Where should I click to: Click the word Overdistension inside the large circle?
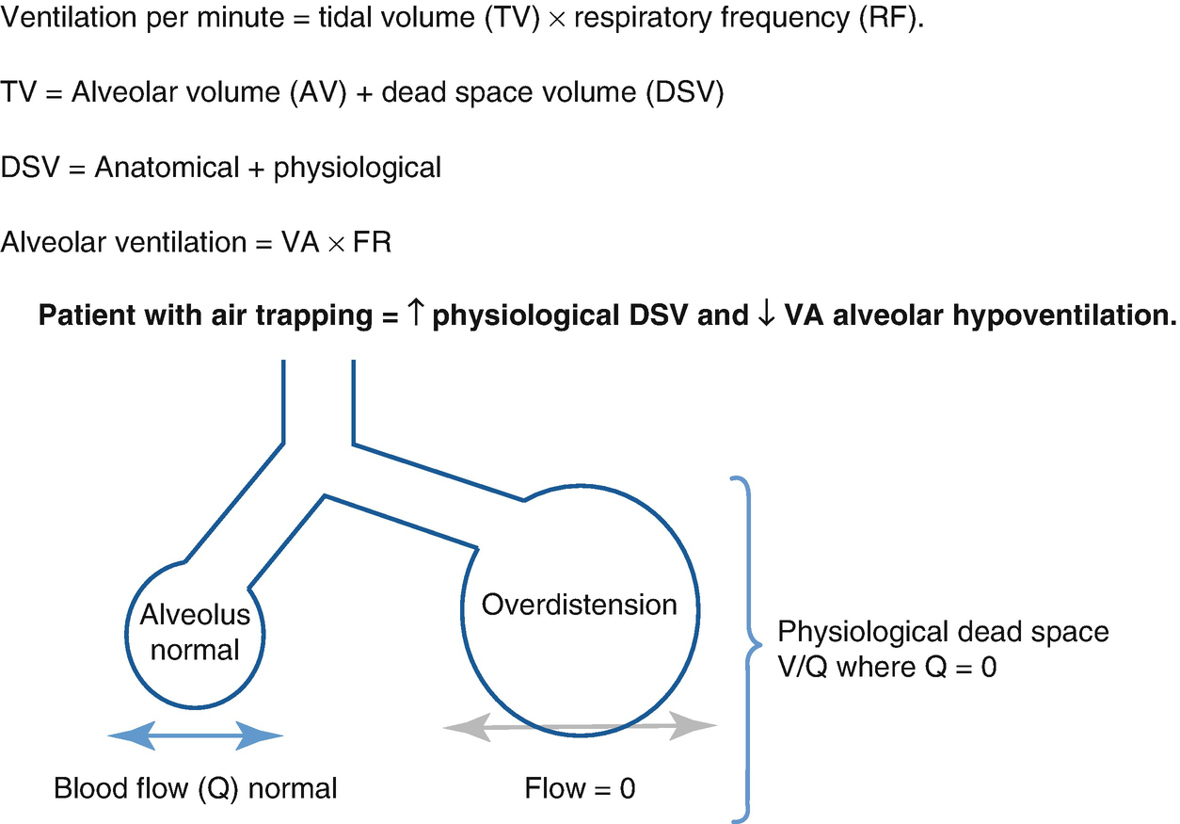tap(579, 604)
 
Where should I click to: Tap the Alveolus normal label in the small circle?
tap(195, 632)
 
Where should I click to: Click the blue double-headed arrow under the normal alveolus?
tap(196, 737)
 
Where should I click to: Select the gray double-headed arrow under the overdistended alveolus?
tap(580, 727)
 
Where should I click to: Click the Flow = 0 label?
tap(580, 787)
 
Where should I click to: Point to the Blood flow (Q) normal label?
tap(196, 787)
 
